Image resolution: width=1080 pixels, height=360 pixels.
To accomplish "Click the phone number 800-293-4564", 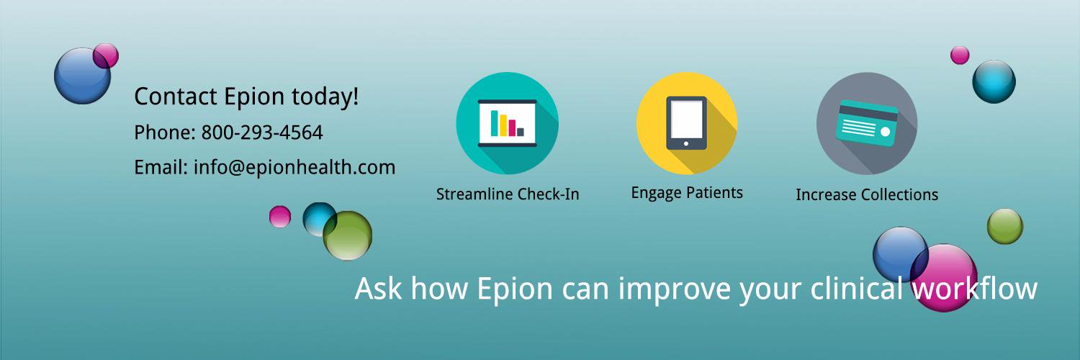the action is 262,132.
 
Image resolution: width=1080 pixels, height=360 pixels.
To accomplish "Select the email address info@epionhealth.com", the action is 294,168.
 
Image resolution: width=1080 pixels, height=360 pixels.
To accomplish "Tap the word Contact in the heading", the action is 176,96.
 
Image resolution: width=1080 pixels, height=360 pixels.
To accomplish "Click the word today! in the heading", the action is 325,97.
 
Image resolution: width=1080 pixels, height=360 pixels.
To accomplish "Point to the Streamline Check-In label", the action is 508,194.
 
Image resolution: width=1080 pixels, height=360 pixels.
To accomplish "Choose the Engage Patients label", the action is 687,193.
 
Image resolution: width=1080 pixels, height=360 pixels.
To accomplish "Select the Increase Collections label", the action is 867,194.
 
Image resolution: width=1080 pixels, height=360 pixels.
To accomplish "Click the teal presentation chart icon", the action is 507,123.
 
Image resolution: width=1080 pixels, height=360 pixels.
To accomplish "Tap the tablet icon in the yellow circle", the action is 687,123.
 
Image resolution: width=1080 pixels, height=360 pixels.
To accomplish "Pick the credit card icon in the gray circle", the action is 867,123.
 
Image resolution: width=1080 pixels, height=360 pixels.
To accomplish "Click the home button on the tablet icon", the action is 686,143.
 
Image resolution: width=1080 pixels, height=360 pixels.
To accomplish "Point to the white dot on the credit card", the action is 885,132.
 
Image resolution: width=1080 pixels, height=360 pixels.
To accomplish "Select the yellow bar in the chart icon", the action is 503,125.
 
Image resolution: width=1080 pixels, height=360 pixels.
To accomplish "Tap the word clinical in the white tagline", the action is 856,288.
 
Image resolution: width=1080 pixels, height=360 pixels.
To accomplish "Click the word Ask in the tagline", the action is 378,289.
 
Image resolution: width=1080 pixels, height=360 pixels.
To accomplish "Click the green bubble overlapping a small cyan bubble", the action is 348,235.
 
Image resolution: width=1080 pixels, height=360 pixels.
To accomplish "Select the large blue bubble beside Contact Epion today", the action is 82,76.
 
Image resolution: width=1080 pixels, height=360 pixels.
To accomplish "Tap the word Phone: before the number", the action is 164,132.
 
